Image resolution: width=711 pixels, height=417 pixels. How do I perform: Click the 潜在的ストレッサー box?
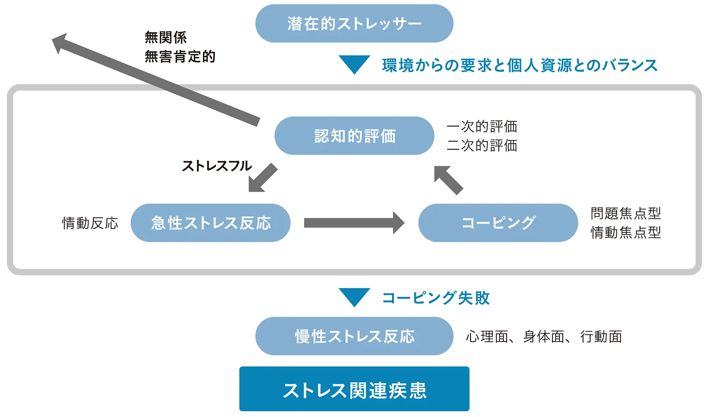pyautogui.click(x=354, y=23)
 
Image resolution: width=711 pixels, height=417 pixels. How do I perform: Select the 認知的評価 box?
pyautogui.click(x=354, y=136)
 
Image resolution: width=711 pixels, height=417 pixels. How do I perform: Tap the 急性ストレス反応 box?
pyautogui.click(x=211, y=223)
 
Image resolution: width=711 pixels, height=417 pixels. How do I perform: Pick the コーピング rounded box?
pyautogui.click(x=498, y=223)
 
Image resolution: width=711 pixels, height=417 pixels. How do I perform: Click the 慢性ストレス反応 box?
pyautogui.click(x=354, y=336)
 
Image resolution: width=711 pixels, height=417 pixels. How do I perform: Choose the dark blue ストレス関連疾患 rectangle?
pyautogui.click(x=354, y=389)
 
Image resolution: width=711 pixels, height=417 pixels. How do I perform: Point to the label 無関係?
pyautogui.click(x=166, y=37)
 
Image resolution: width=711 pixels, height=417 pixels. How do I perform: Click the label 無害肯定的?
pyautogui.click(x=180, y=56)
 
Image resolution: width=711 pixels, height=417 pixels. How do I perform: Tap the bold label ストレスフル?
pyautogui.click(x=217, y=166)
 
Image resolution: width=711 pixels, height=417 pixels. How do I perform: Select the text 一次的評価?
pyautogui.click(x=482, y=126)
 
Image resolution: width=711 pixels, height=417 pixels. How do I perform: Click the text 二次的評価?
pyautogui.click(x=482, y=145)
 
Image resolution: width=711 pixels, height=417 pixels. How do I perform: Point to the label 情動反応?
pyautogui.click(x=91, y=223)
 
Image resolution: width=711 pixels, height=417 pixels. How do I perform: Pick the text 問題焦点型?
pyautogui.click(x=626, y=213)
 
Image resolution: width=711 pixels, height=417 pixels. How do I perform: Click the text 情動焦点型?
pyautogui.click(x=626, y=232)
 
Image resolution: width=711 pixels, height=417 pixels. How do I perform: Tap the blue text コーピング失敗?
pyautogui.click(x=436, y=298)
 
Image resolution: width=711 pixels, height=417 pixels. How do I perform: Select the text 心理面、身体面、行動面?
pyautogui.click(x=544, y=337)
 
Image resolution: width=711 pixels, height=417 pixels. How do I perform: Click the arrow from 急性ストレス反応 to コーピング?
pyautogui.click(x=354, y=223)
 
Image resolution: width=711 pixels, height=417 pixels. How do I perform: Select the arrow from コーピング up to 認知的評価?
pyautogui.click(x=448, y=180)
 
